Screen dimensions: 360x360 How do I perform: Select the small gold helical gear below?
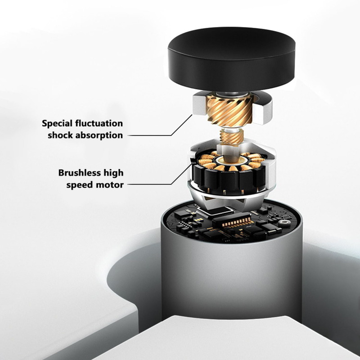231,137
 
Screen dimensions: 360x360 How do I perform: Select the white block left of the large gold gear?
200,104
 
